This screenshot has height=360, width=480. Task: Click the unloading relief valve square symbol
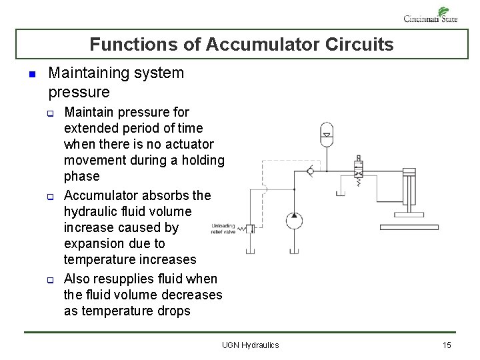point(251,229)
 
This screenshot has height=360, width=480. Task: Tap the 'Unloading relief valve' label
point(223,229)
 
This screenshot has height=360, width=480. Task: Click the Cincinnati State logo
point(431,15)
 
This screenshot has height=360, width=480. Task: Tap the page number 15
point(447,345)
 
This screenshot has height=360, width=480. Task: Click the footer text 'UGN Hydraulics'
point(250,345)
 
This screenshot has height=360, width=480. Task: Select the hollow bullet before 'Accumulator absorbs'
point(49,197)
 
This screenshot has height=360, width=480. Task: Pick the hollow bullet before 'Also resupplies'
point(49,279)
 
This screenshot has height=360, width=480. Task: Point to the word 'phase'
point(81,176)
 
